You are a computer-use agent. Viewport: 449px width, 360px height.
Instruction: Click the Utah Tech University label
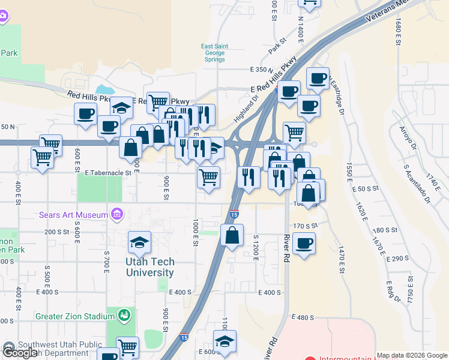pyautogui.click(x=150, y=267)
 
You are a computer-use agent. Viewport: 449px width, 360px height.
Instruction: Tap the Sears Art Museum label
pyautogui.click(x=73, y=215)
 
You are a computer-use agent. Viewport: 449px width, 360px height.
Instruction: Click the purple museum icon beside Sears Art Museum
pyautogui.click(x=117, y=214)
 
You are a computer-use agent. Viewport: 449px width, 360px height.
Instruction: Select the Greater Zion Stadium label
pyautogui.click(x=74, y=316)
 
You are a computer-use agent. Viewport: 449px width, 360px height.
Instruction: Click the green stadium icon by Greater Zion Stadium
pyautogui.click(x=124, y=314)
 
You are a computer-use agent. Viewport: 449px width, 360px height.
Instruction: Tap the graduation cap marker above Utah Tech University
pyautogui.click(x=140, y=242)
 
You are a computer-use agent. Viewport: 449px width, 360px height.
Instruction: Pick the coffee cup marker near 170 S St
pyautogui.click(x=304, y=243)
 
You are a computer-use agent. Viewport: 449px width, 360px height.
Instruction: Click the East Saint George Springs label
pyautogui.click(x=214, y=53)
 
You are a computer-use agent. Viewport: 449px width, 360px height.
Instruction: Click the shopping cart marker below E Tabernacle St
pyautogui.click(x=208, y=178)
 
